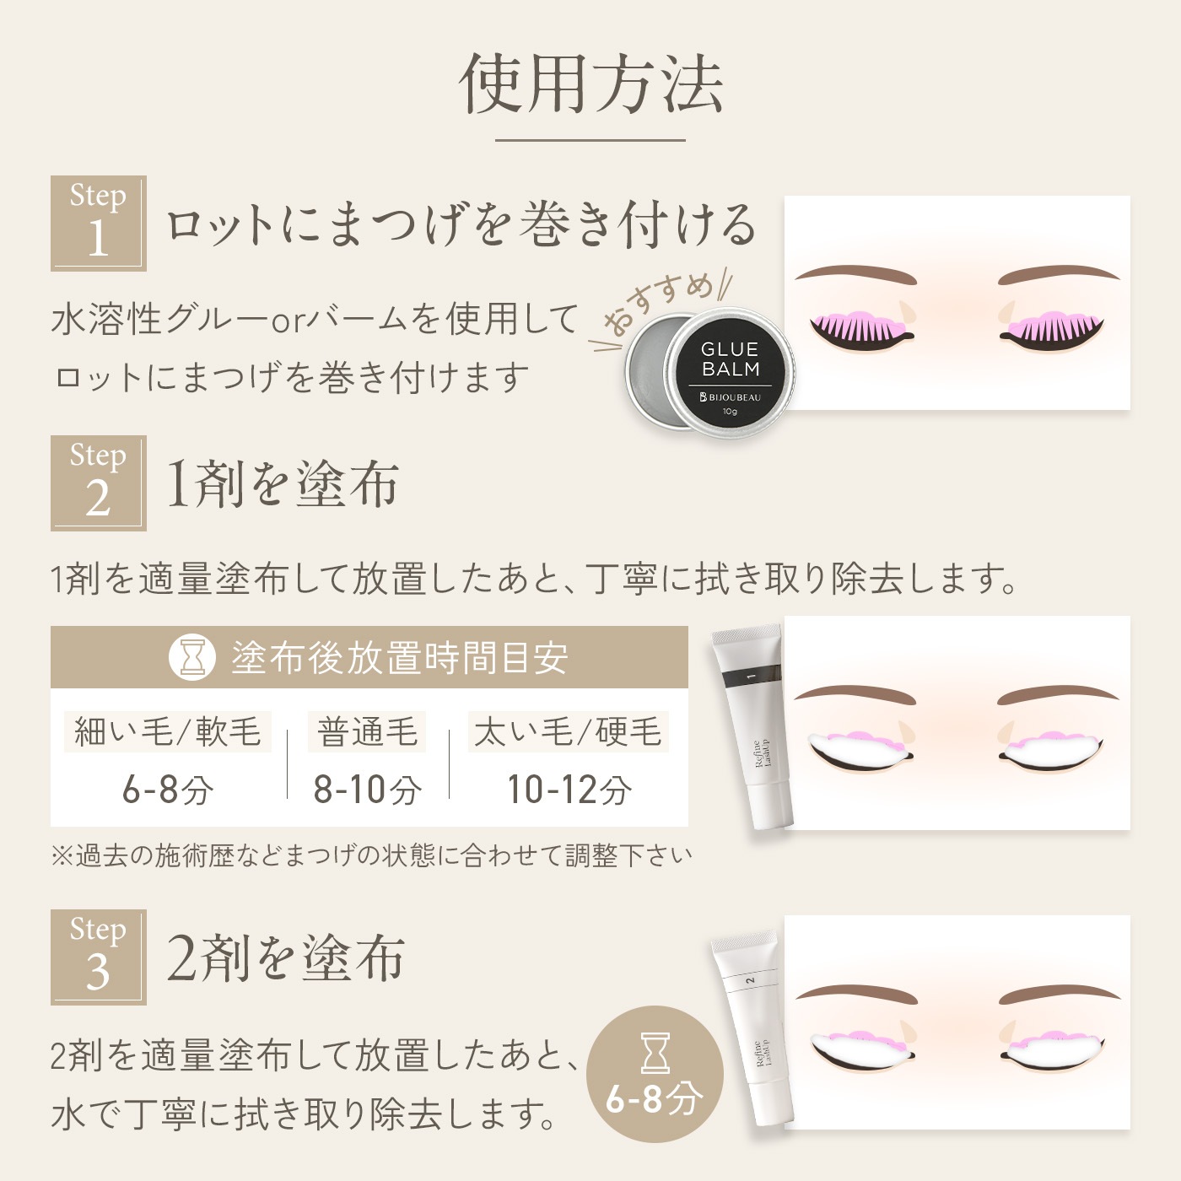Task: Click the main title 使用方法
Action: (590, 84)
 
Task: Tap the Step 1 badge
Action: (98, 223)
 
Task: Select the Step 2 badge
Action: (98, 483)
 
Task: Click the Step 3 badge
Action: (98, 957)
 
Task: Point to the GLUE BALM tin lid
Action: (730, 374)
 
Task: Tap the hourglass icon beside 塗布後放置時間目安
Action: (191, 657)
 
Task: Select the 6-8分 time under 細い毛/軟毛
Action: (167, 790)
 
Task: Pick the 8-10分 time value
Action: (367, 790)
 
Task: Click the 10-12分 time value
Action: (569, 790)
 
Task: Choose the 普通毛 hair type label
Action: (366, 731)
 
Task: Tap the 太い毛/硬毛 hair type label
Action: (568, 731)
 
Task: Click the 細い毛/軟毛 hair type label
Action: (167, 731)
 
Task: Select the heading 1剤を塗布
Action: (283, 484)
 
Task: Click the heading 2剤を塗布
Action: (285, 958)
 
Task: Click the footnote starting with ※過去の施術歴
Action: (371, 855)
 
